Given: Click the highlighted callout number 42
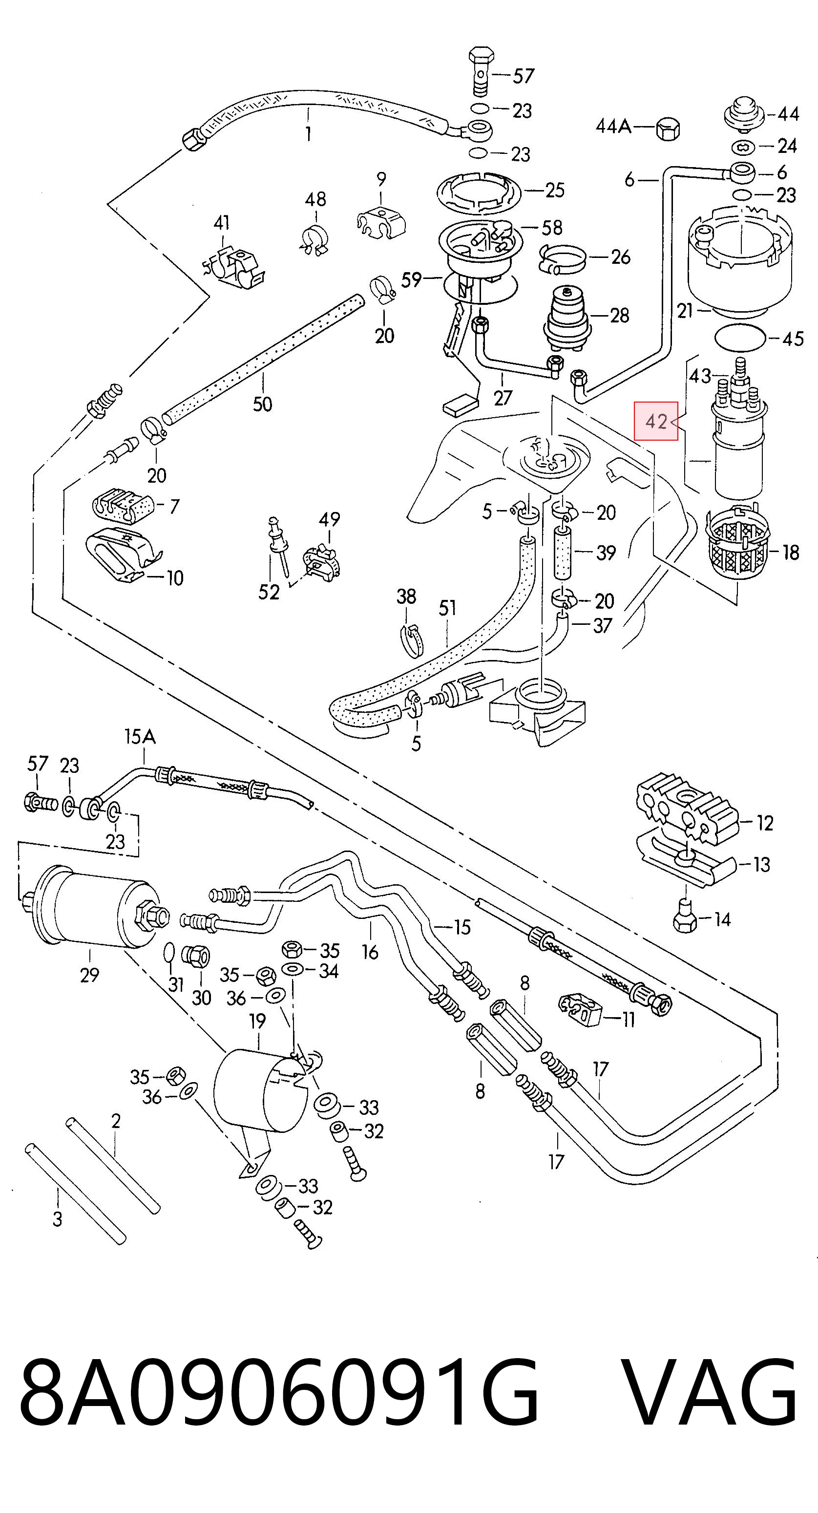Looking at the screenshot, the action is tap(656, 421).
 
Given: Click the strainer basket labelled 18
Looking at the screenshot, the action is tap(737, 544).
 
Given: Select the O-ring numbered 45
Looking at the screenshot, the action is tap(740, 337).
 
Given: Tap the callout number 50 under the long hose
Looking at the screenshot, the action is tap(262, 404).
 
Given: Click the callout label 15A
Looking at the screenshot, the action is tap(140, 737).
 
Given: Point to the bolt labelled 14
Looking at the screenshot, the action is tap(684, 920).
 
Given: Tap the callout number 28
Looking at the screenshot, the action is tap(620, 316).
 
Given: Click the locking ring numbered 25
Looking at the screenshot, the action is tap(480, 193).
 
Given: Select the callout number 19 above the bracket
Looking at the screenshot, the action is tap(257, 1021).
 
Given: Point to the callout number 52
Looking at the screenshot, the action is tap(269, 592).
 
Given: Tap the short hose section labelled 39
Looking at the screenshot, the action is tap(564, 554).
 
